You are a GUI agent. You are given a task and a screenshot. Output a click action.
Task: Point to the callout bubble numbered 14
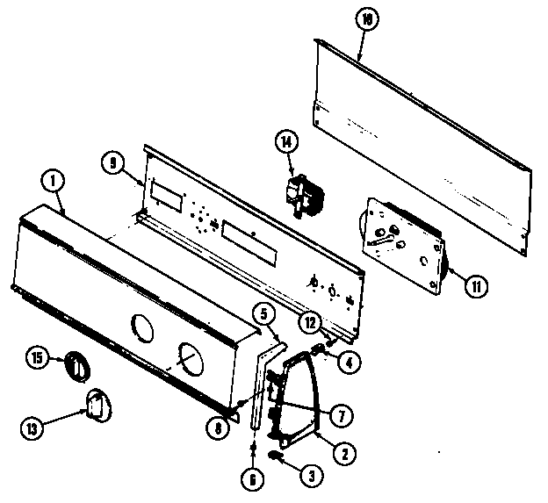(x=285, y=140)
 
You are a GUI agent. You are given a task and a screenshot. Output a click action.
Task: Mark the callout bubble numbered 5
(x=262, y=312)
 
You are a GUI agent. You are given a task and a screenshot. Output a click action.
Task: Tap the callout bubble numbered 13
(x=32, y=428)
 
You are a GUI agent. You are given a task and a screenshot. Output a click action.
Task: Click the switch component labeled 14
(x=303, y=194)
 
